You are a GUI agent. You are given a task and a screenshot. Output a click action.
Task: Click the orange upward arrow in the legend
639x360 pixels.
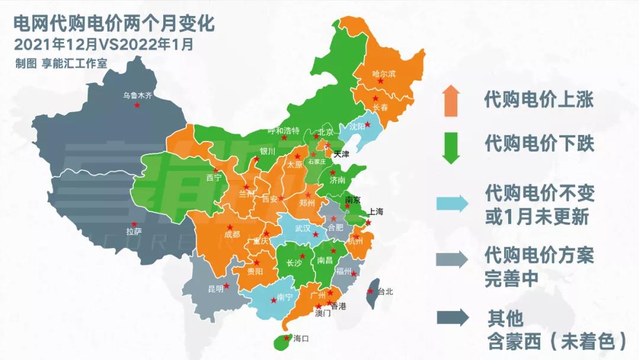click(450, 99)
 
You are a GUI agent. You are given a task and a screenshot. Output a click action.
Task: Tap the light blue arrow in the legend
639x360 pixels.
click(452, 203)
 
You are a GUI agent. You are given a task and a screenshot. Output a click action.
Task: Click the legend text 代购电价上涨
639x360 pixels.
click(538, 99)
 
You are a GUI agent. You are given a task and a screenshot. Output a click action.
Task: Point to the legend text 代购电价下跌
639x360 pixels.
click(538, 143)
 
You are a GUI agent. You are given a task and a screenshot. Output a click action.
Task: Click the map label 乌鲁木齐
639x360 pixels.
click(137, 95)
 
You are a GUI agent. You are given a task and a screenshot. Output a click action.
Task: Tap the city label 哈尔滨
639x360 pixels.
click(383, 74)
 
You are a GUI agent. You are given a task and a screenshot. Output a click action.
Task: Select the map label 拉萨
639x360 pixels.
click(134, 232)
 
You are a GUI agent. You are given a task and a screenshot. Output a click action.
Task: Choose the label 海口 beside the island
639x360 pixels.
click(302, 339)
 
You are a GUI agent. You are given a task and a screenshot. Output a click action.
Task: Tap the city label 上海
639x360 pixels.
click(376, 211)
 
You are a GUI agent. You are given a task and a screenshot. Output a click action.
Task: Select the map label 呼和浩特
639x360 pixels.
click(283, 130)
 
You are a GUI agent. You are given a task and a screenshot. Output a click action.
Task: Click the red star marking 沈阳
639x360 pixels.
click(367, 124)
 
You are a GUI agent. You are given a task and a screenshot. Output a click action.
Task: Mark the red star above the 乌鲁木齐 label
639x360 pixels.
click(137, 105)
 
